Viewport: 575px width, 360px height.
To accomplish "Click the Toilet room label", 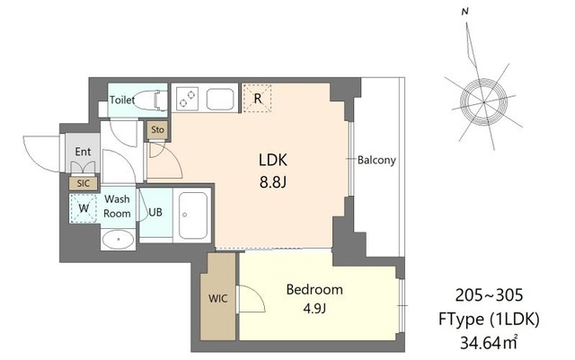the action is click(x=122, y=100).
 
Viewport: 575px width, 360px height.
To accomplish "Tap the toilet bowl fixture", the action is click(x=150, y=100).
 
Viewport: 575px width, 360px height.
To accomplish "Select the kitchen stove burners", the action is click(x=187, y=99).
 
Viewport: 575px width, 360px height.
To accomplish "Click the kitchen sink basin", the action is click(x=220, y=99).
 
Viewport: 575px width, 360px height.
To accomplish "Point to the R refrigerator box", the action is click(x=258, y=98).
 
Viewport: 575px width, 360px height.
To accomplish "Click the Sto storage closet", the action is click(x=158, y=130).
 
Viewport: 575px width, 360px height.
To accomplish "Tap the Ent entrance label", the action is click(x=83, y=152).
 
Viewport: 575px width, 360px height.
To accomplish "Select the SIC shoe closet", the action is click(x=84, y=183).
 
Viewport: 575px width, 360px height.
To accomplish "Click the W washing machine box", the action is click(x=84, y=208).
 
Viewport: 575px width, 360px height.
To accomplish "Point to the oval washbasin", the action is click(x=119, y=240).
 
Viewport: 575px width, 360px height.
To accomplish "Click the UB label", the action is click(x=155, y=212).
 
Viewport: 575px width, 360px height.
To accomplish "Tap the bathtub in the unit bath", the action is click(x=193, y=215).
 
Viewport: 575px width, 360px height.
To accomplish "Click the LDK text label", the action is click(x=272, y=160).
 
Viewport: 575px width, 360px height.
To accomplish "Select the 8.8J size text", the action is click(x=272, y=182).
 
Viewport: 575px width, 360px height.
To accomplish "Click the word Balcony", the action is click(x=376, y=160).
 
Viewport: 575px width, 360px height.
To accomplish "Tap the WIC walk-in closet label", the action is click(x=217, y=298).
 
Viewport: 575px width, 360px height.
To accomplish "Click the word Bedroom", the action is click(x=314, y=290).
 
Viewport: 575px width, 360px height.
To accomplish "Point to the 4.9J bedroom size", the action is click(x=314, y=309).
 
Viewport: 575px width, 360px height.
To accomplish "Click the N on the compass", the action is click(x=465, y=12).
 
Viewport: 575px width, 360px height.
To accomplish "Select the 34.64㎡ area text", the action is click(x=489, y=343).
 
